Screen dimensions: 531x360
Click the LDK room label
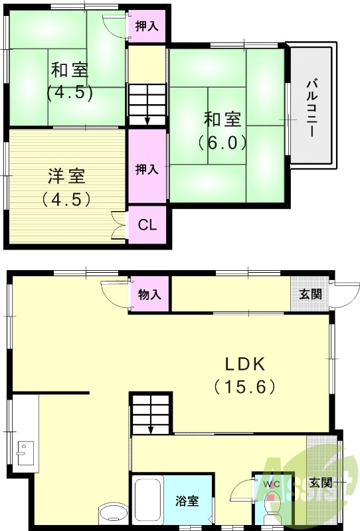(244, 364)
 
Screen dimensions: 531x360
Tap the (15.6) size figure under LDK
(244, 386)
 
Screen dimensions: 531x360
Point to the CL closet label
(147, 224)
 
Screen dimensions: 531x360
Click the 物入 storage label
(149, 293)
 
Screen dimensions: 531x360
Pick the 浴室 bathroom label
(187, 501)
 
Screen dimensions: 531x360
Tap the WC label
(273, 484)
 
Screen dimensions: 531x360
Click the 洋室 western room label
(66, 177)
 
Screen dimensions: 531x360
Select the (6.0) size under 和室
(222, 141)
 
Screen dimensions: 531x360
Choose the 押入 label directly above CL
(147, 169)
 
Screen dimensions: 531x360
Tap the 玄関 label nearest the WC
(321, 483)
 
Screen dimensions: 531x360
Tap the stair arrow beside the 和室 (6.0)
(147, 117)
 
